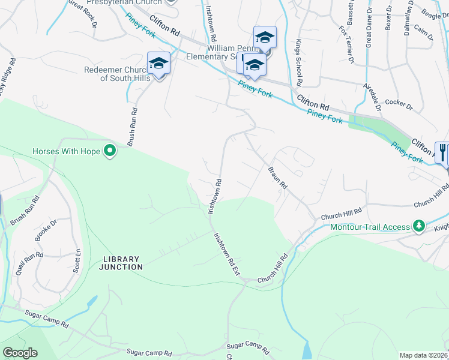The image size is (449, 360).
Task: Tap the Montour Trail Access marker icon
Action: click(419, 226)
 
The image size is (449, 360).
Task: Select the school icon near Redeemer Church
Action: click(158, 64)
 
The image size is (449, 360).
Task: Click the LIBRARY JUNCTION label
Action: click(122, 262)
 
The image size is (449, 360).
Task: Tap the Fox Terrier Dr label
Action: click(346, 43)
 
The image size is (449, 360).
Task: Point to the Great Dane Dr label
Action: click(369, 31)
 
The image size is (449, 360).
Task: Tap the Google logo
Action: click(20, 353)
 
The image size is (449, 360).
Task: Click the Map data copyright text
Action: click(423, 355)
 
